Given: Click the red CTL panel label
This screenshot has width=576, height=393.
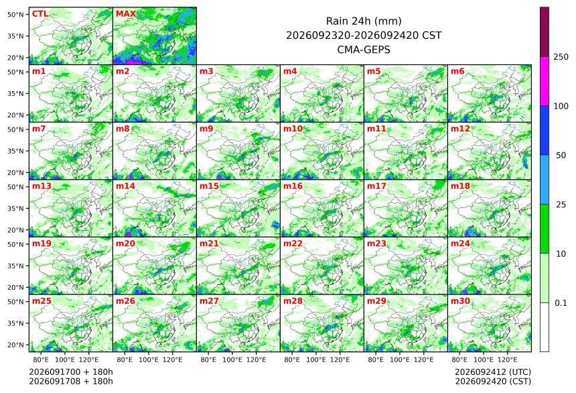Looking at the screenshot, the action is (40, 14).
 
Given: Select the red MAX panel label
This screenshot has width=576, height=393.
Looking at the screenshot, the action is (126, 14).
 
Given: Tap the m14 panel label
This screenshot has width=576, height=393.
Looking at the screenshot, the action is (126, 186).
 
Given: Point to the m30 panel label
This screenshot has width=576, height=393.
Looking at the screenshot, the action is (461, 301).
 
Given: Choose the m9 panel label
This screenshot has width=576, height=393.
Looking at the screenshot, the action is (207, 129).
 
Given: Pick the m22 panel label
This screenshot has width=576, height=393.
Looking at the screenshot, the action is (293, 243).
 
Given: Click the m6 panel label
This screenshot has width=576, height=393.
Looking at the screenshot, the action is (457, 71).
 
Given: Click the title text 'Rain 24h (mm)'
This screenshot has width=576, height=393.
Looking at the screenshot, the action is (364, 21).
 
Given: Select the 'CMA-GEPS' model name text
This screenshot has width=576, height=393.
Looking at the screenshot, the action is (364, 50).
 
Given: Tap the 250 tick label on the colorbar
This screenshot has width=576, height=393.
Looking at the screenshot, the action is (561, 57).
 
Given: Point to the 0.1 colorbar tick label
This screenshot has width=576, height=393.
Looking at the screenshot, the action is (561, 303).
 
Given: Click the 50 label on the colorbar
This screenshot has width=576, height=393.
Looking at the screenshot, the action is (561, 156).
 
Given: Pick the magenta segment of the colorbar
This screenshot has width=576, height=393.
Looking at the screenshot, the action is (545, 81).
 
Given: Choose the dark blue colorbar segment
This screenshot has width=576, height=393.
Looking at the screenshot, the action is (545, 131).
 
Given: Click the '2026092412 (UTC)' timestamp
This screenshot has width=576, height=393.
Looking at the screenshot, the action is (493, 372).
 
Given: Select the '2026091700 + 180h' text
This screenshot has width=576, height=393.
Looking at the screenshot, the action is (71, 372).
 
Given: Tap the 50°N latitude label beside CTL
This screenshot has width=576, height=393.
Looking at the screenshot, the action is (15, 14).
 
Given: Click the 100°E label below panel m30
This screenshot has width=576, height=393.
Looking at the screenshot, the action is (484, 359).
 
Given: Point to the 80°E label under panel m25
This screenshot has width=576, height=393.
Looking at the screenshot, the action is (40, 359).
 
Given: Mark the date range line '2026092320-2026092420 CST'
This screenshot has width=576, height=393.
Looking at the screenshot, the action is (364, 36).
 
